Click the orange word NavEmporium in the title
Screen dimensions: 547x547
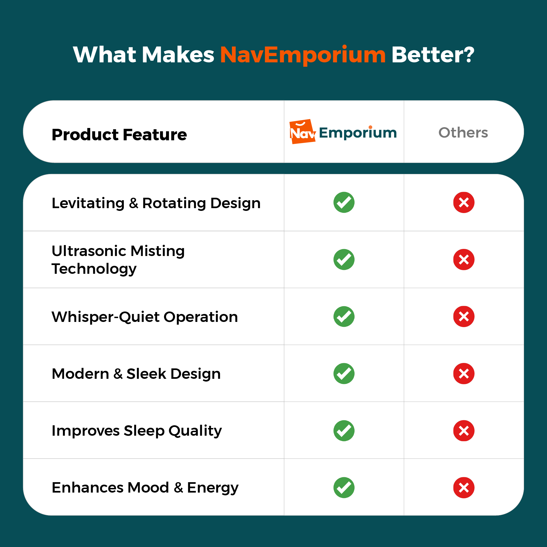click(303, 55)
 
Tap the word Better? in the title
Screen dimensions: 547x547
click(433, 54)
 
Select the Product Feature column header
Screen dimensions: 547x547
click(119, 135)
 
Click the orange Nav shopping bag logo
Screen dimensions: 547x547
click(302, 132)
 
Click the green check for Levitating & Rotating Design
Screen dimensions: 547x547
click(344, 202)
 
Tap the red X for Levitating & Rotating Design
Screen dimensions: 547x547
click(464, 202)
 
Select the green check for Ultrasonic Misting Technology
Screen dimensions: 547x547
click(344, 260)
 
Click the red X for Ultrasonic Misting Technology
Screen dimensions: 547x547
click(464, 260)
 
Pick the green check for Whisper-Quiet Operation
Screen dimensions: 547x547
click(344, 316)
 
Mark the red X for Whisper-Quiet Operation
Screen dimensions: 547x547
click(464, 316)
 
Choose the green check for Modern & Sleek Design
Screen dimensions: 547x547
click(344, 374)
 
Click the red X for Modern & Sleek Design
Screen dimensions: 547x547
click(464, 374)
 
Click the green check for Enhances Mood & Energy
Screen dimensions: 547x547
click(344, 488)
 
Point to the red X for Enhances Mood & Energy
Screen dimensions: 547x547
click(464, 488)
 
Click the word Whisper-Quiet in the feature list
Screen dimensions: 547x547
click(106, 317)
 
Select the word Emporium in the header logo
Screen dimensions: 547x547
click(358, 133)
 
